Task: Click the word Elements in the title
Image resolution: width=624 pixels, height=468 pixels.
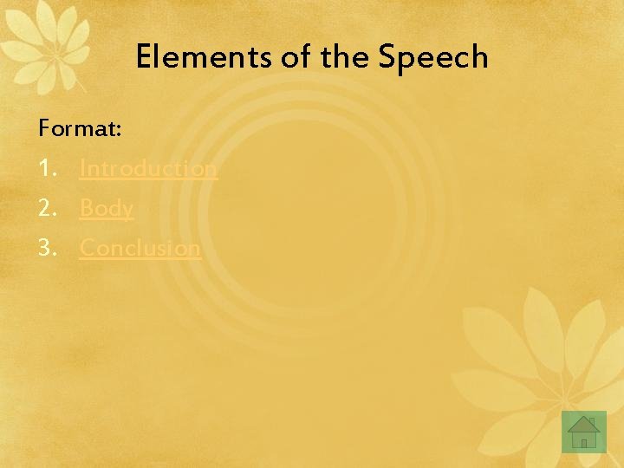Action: [x=204, y=58]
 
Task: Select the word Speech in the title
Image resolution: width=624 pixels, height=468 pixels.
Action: [x=433, y=58]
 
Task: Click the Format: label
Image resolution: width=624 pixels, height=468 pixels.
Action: [x=80, y=130]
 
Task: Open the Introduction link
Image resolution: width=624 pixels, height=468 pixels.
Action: [x=148, y=168]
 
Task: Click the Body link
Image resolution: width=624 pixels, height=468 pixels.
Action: [x=107, y=208]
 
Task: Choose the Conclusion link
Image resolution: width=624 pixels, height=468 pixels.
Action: [x=140, y=248]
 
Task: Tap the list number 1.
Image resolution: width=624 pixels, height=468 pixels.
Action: [x=45, y=168]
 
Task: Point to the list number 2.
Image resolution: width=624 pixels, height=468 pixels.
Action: [x=46, y=208]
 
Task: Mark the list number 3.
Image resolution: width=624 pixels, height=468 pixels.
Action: [x=46, y=248]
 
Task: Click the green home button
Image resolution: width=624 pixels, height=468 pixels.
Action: [x=583, y=432]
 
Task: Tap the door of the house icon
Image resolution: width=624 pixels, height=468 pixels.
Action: [x=584, y=442]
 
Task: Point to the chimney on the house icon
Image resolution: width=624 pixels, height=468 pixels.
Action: [x=592, y=421]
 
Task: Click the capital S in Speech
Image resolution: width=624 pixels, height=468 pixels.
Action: [x=387, y=58]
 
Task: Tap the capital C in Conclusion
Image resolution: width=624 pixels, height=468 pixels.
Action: [x=88, y=248]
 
